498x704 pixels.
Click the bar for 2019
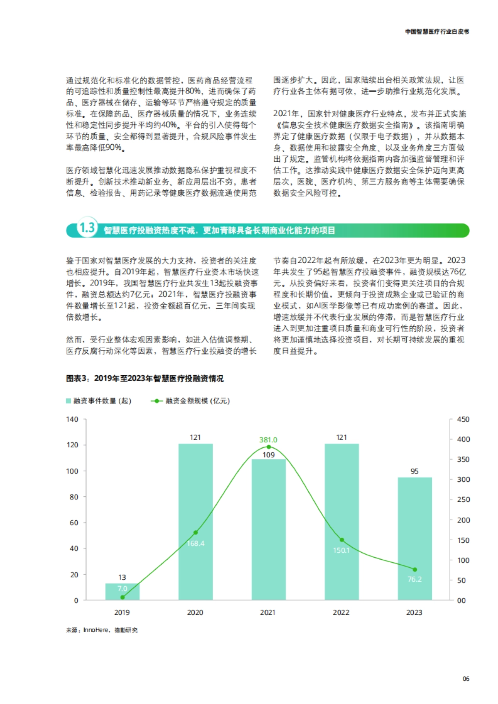[x=122, y=592]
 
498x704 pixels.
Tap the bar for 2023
[x=415, y=539]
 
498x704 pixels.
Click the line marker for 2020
[x=196, y=532]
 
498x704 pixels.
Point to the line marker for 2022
[x=342, y=540]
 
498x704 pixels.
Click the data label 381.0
[x=268, y=440]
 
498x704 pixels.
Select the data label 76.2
[x=415, y=579]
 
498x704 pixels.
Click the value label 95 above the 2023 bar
[x=415, y=471]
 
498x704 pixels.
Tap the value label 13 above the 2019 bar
[x=122, y=577]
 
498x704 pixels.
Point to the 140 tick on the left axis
[x=72, y=419]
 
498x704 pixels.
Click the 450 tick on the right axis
[x=463, y=419]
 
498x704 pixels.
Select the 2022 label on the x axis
[x=341, y=612]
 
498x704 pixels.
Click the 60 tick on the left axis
[x=74, y=523]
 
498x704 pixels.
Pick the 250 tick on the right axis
[x=463, y=500]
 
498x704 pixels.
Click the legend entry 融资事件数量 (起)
[x=99, y=401]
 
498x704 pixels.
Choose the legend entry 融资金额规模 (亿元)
[x=190, y=401]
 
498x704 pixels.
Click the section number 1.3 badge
[x=87, y=228]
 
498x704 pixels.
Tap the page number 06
[x=466, y=679]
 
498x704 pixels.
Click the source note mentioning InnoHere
[x=102, y=630]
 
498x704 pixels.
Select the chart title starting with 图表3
[x=144, y=379]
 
